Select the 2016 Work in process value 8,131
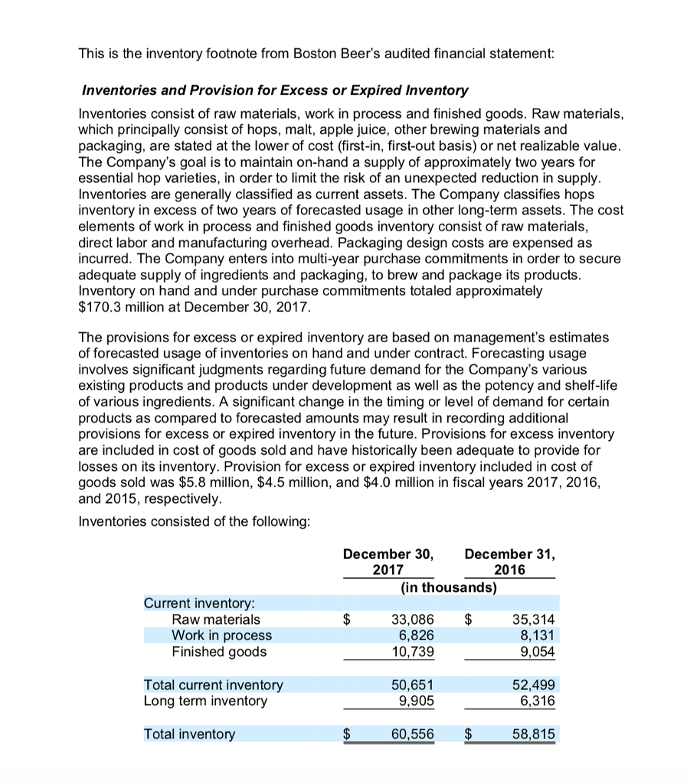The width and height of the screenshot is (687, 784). (x=535, y=635)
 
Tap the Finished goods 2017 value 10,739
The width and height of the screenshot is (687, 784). (x=412, y=652)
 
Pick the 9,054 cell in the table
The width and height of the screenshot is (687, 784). (x=535, y=652)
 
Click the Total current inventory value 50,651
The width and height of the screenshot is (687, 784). (x=412, y=684)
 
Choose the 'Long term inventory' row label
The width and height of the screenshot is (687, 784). (x=205, y=701)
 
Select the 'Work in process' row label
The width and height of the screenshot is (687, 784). (x=221, y=635)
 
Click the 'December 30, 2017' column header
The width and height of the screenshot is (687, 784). (x=388, y=561)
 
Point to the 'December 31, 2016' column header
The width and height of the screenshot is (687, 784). (x=510, y=561)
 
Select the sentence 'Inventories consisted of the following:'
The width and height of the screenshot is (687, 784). (x=195, y=521)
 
